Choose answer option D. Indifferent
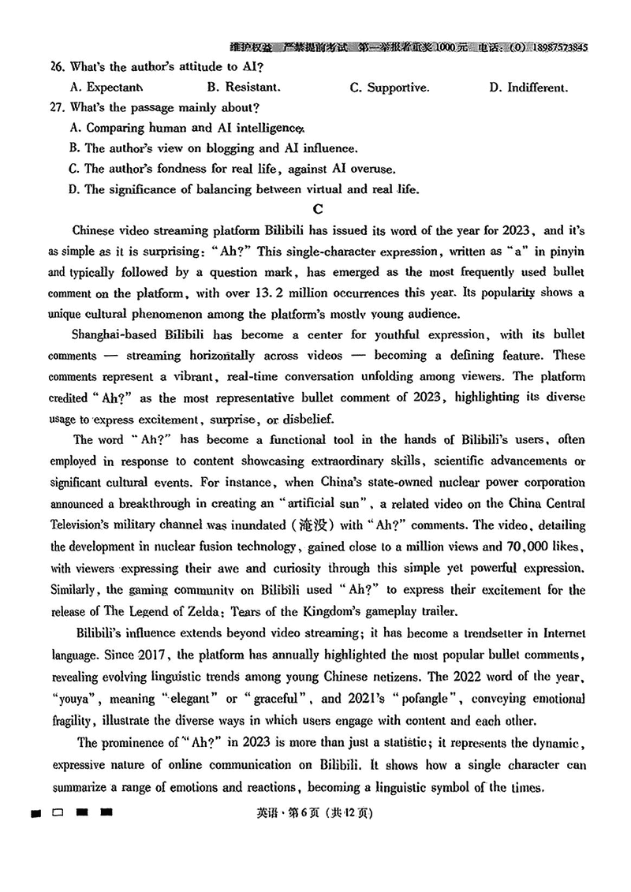coord(528,88)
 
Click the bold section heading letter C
coord(318,209)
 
